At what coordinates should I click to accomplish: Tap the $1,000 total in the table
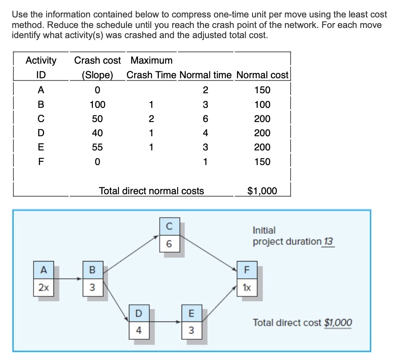pos(262,191)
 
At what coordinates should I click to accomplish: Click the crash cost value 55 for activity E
pos(97,147)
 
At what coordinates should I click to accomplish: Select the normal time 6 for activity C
pos(205,119)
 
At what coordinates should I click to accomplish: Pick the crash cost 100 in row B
pos(97,105)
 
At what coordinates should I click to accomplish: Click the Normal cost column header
pos(262,75)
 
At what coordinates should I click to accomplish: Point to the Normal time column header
pos(205,75)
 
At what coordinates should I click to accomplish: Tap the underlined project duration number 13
pos(328,242)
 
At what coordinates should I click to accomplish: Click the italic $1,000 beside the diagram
pos(338,323)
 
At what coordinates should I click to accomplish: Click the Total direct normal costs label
pos(152,191)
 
